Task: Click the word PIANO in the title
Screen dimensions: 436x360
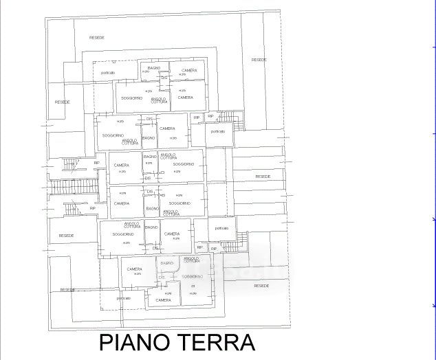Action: click(x=135, y=342)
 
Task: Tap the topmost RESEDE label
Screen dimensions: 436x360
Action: click(x=97, y=37)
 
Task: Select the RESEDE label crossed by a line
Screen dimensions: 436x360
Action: click(x=67, y=290)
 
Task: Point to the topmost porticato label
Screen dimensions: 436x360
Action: click(x=108, y=73)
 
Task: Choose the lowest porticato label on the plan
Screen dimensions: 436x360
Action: click(x=124, y=298)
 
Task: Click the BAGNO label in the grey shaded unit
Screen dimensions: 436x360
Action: click(x=167, y=263)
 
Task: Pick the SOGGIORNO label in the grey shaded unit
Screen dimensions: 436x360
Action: click(x=193, y=276)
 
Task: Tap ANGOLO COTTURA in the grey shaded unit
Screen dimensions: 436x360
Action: click(x=192, y=260)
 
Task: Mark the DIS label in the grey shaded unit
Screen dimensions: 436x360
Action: click(x=162, y=278)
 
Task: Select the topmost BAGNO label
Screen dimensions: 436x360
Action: click(x=153, y=67)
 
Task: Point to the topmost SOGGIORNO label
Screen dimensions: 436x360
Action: click(x=131, y=98)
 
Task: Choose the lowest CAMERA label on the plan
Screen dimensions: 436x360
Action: click(x=163, y=300)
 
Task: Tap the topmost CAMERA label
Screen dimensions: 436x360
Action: click(x=189, y=70)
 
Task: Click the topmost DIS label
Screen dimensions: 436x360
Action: click(x=164, y=78)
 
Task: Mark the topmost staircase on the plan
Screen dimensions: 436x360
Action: click(x=238, y=120)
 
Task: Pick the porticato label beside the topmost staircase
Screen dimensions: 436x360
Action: click(x=218, y=131)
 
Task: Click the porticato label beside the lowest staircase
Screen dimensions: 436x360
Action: click(x=221, y=228)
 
